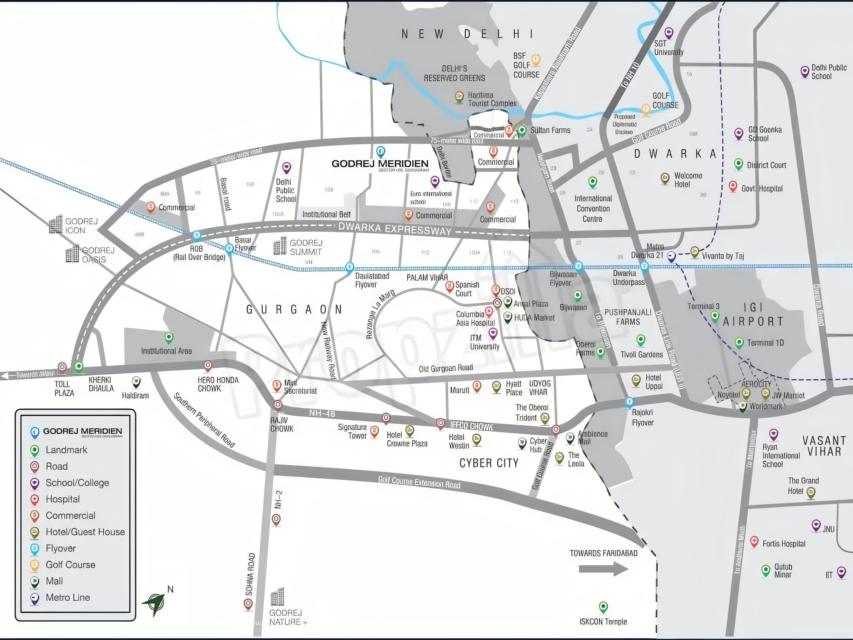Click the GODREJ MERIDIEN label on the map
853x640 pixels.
pyautogui.click(x=380, y=164)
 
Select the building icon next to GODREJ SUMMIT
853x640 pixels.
pyautogui.click(x=280, y=246)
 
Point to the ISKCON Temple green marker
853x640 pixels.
pyautogui.click(x=603, y=607)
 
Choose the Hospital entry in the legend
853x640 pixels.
pyautogui.click(x=62, y=499)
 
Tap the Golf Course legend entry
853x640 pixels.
pyautogui.click(x=70, y=565)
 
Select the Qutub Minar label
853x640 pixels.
pyautogui.click(x=783, y=571)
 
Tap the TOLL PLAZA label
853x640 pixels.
pyautogui.click(x=64, y=389)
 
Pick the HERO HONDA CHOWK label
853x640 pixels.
pyautogui.click(x=218, y=384)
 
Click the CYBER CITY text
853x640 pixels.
pyautogui.click(x=489, y=463)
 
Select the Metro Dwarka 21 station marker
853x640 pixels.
pyautogui.click(x=671, y=256)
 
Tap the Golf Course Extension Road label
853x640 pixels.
pyautogui.click(x=419, y=482)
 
